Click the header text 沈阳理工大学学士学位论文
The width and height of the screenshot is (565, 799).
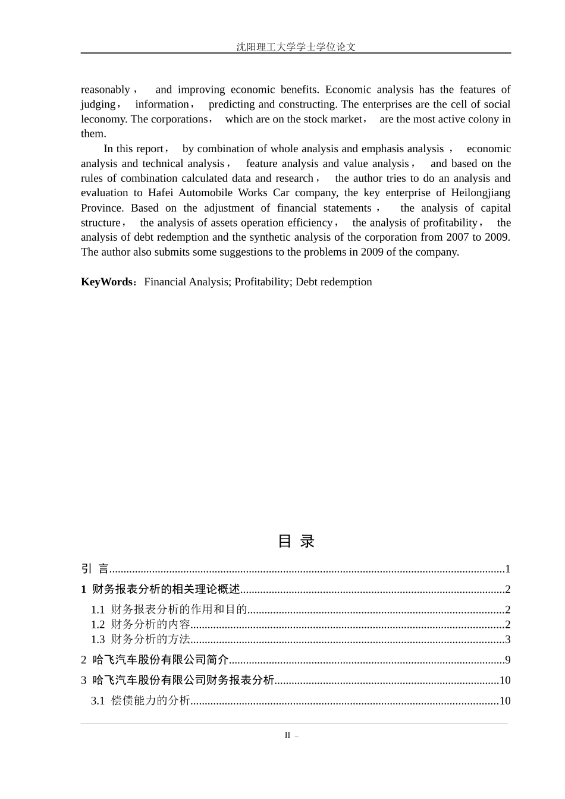click(x=296, y=47)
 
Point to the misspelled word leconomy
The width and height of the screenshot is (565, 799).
click(x=103, y=119)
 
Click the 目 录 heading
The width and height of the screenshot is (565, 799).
click(x=296, y=541)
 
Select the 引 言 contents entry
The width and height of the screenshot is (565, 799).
click(x=95, y=569)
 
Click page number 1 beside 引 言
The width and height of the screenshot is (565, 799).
click(x=507, y=569)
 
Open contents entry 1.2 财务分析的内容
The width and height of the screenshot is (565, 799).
click(x=140, y=624)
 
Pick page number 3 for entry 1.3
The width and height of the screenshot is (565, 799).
click(x=507, y=639)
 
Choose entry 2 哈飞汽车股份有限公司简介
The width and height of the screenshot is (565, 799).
click(x=155, y=660)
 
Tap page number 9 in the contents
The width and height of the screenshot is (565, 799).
click(x=507, y=660)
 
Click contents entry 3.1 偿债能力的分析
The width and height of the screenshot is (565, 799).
click(x=140, y=701)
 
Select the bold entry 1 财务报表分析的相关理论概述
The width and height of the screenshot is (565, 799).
click(x=161, y=589)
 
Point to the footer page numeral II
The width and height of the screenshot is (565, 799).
click(x=287, y=735)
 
